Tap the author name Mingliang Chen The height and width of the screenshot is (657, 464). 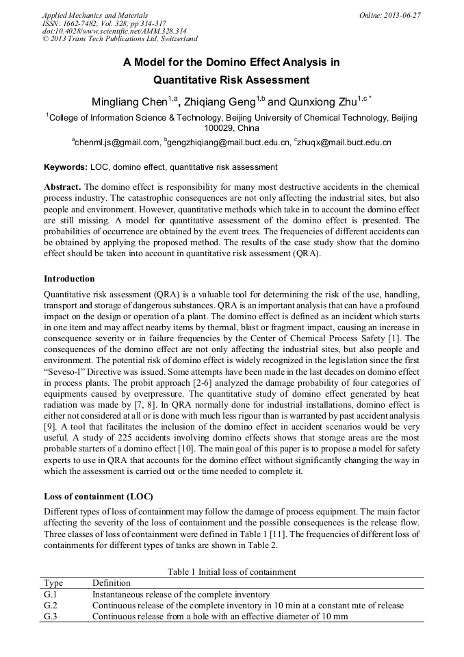130,102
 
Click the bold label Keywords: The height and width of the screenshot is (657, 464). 66,166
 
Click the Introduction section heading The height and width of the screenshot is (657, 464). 69,279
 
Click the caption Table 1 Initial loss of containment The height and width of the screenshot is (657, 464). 232,571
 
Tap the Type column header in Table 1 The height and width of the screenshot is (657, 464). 53,583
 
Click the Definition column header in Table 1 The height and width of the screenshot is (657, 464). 111,583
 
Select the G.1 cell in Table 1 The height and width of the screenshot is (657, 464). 51,594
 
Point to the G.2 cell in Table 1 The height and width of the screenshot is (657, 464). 51,605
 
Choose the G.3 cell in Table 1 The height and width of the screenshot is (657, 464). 51,616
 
